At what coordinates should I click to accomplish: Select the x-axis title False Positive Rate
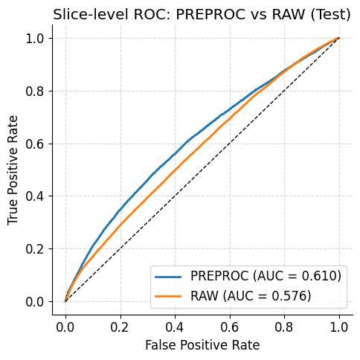tap(202, 345)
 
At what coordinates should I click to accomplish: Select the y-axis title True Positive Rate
tap(13, 170)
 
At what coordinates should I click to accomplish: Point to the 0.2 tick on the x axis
tap(120, 326)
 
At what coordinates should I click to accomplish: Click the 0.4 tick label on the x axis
tap(175, 326)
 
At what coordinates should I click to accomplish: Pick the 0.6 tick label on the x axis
tap(230, 326)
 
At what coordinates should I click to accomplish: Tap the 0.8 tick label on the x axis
tap(285, 326)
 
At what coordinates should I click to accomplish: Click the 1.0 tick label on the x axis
tap(339, 326)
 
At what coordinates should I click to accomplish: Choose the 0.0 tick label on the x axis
tap(65, 326)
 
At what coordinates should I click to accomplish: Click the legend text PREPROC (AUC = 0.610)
tap(266, 276)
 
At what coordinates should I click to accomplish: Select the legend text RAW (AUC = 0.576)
tap(251, 295)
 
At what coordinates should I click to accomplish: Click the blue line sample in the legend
tap(170, 276)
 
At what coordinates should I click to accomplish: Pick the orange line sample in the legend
tap(170, 295)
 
